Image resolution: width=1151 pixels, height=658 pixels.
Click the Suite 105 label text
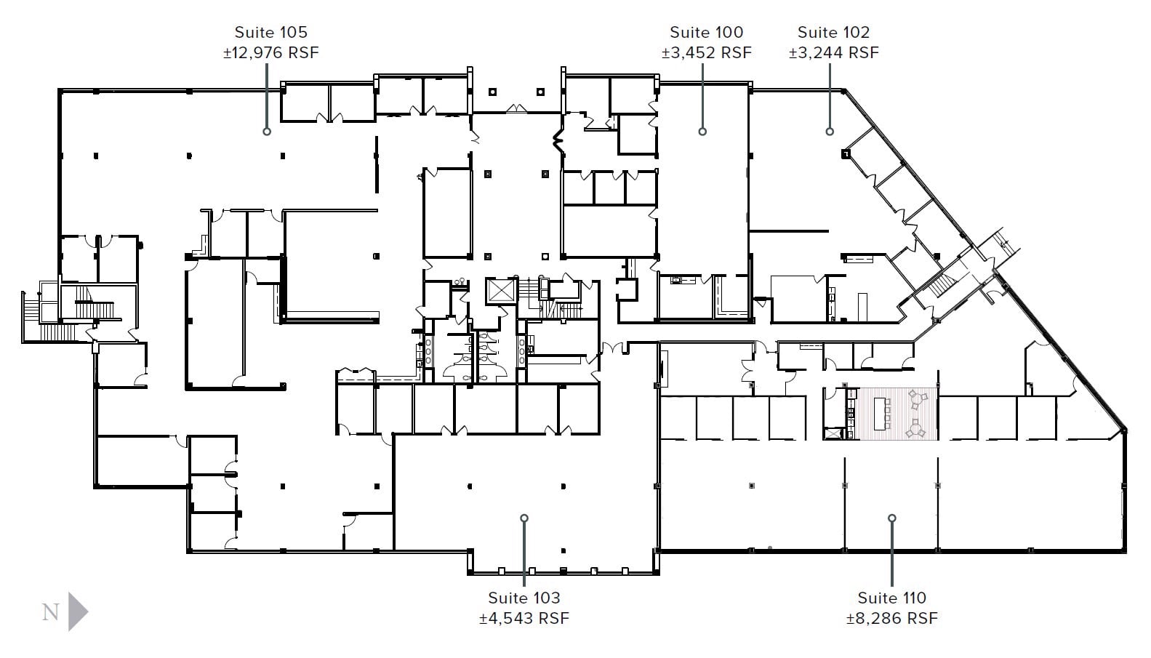coord(270,32)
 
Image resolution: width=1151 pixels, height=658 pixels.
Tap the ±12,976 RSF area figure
coord(270,52)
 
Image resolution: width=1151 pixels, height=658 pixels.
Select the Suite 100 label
coord(706,32)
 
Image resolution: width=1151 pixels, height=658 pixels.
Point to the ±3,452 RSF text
coord(706,52)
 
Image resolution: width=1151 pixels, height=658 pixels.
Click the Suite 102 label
coord(833,32)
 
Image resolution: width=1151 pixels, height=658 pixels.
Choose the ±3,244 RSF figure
coord(833,52)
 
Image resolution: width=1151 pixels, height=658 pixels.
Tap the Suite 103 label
coord(524,598)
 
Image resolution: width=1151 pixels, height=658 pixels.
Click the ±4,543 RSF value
coord(524,618)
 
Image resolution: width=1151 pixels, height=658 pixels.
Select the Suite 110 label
coord(891,598)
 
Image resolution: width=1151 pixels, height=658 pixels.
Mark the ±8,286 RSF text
coord(891,618)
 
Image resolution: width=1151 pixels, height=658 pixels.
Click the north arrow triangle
coord(77,611)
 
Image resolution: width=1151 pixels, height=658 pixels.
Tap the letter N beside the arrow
coord(50,612)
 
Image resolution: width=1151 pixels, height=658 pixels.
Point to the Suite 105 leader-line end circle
coord(267,132)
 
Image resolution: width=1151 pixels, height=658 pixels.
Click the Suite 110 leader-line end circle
coord(891,518)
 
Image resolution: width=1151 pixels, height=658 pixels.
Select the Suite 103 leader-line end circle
coord(524,518)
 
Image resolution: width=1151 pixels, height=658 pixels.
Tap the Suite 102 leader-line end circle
coord(830,132)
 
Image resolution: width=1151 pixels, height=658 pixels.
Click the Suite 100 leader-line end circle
coord(702,132)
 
